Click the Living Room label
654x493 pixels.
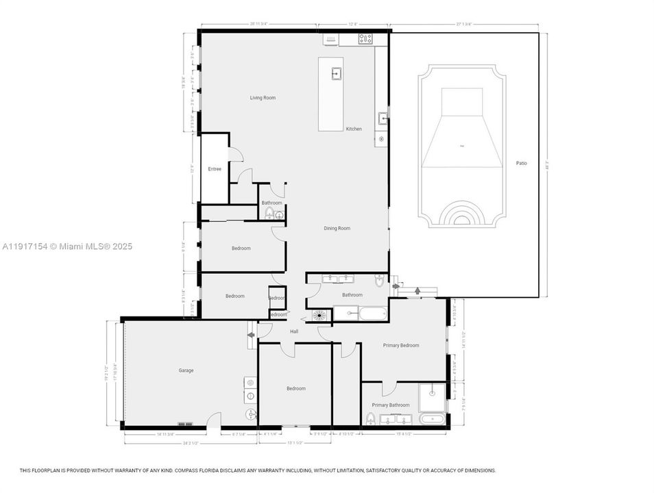pyautogui.click(x=263, y=98)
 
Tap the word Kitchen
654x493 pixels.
pyautogui.click(x=354, y=129)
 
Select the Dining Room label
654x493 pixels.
pyautogui.click(x=337, y=228)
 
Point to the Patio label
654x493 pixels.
pyautogui.click(x=522, y=163)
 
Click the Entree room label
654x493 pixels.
pyautogui.click(x=215, y=168)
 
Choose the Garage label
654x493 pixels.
pyautogui.click(x=186, y=370)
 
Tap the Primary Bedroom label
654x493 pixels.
pyautogui.click(x=401, y=345)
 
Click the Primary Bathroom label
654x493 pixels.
pyautogui.click(x=390, y=405)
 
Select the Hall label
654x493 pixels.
pyautogui.click(x=294, y=331)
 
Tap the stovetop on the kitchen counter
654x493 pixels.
pyautogui.click(x=365, y=39)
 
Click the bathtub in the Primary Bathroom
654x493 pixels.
pyautogui.click(x=432, y=419)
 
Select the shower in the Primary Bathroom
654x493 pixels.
pyautogui.click(x=433, y=396)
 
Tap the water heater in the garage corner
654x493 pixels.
pyautogui.click(x=251, y=414)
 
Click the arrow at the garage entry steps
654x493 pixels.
pyautogui.click(x=251, y=335)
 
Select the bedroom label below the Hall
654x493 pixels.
pyautogui.click(x=295, y=388)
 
